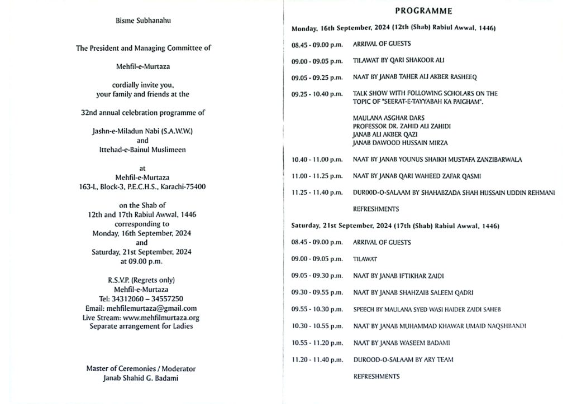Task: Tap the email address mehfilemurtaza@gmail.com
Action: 141,308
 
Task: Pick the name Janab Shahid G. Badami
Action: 141,378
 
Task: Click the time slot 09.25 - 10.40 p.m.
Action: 317,93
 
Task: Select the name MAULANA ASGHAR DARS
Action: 389,118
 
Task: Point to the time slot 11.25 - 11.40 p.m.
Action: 317,193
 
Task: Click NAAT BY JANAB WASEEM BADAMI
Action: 394,343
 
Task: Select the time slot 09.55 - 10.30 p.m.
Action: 317,309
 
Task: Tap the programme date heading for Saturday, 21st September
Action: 395,226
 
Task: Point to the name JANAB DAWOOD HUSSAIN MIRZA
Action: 393,143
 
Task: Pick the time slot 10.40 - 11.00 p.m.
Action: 317,160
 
